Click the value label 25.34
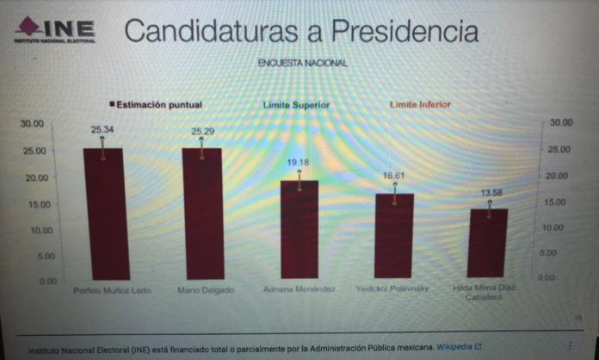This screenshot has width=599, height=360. pyautogui.click(x=102, y=130)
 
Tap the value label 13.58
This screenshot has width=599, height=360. pyautogui.click(x=489, y=192)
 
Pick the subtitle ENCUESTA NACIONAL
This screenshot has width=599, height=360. pyautogui.click(x=302, y=63)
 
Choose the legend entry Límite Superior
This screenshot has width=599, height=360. pyautogui.click(x=296, y=105)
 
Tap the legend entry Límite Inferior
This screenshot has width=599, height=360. pyautogui.click(x=419, y=104)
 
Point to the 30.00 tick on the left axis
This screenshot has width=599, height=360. pyautogui.click(x=32, y=124)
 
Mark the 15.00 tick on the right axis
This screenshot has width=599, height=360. pyautogui.click(x=560, y=202)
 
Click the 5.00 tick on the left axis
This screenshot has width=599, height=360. pyautogui.click(x=35, y=256)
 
